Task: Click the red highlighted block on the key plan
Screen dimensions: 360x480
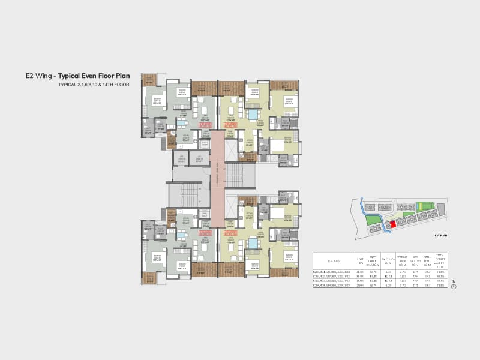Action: (x=392, y=223)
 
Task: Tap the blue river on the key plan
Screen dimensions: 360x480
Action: (x=363, y=210)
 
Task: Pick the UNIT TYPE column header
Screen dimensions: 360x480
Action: (x=360, y=260)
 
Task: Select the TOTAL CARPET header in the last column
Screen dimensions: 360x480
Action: (x=443, y=260)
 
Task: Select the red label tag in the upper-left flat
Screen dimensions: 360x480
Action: (x=205, y=125)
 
